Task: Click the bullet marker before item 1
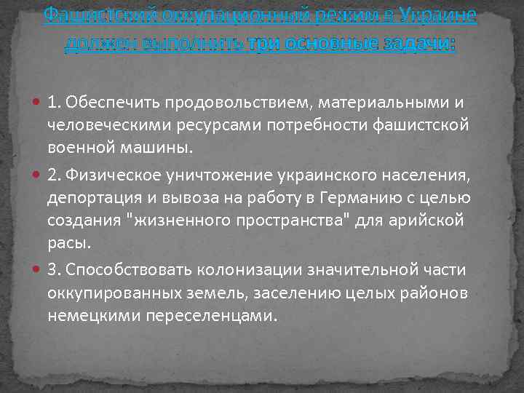[x=37, y=103]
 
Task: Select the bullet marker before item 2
[x=37, y=175]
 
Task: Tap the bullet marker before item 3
[x=37, y=270]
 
